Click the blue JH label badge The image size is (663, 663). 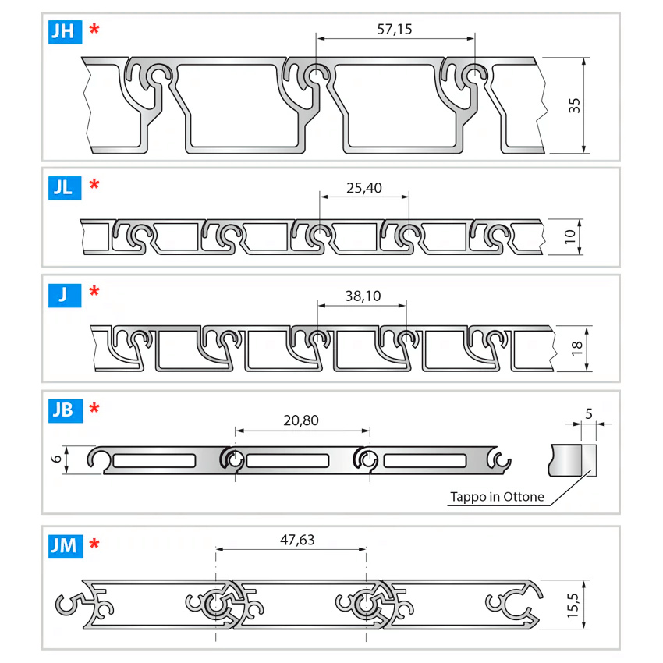[65, 30]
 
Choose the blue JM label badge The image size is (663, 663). [65, 544]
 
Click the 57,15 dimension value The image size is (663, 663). [394, 30]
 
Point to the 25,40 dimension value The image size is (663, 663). [363, 188]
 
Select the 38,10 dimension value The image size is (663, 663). [362, 296]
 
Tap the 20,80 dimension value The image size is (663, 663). [301, 420]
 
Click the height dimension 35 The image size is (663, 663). [575, 105]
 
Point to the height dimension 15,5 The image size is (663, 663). [573, 604]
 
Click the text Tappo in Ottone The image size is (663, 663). [497, 497]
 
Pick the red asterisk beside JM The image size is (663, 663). [94, 544]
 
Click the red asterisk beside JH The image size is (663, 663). [94, 30]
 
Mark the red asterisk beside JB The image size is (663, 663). [94, 408]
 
